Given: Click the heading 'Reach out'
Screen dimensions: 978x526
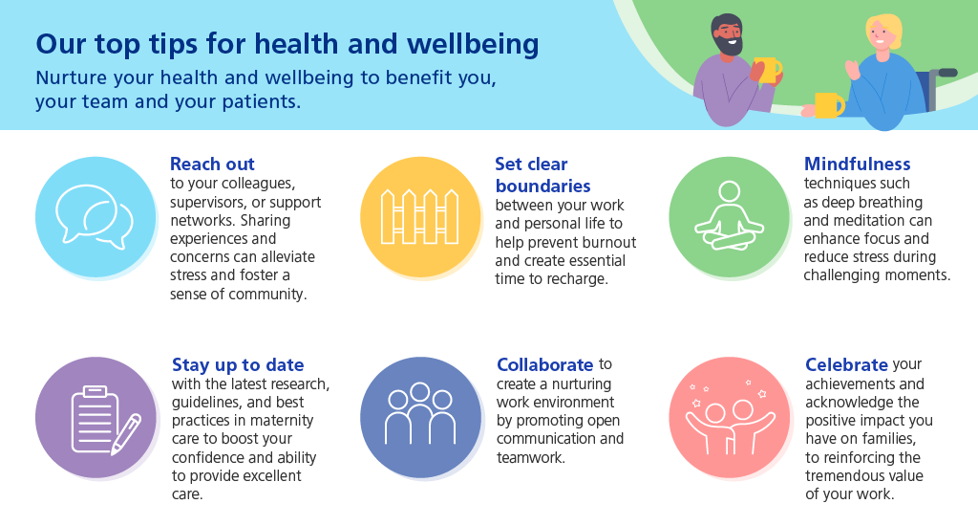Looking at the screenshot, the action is (212, 164).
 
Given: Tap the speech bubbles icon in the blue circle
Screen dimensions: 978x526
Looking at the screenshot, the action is (94, 217).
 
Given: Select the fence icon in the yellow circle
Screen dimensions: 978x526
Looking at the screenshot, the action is (420, 217).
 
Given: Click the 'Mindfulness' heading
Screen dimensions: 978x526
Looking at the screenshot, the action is (857, 164).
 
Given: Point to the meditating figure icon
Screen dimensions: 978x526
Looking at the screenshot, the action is (729, 216).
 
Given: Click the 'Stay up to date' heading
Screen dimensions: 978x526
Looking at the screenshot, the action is (238, 364).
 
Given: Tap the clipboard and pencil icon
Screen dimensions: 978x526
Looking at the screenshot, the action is (106, 419).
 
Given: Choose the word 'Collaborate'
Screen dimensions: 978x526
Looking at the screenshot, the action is (544, 364).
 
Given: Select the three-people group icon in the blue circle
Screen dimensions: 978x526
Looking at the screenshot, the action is (420, 413).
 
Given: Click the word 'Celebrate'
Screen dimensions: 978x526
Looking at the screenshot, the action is (846, 364).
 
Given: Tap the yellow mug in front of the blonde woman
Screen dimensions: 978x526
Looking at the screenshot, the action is (829, 105).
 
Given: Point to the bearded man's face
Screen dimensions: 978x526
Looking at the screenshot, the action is (727, 35).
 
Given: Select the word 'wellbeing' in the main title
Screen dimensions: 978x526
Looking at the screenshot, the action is (473, 44).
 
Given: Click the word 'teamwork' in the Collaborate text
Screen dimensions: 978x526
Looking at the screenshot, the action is (531, 457).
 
